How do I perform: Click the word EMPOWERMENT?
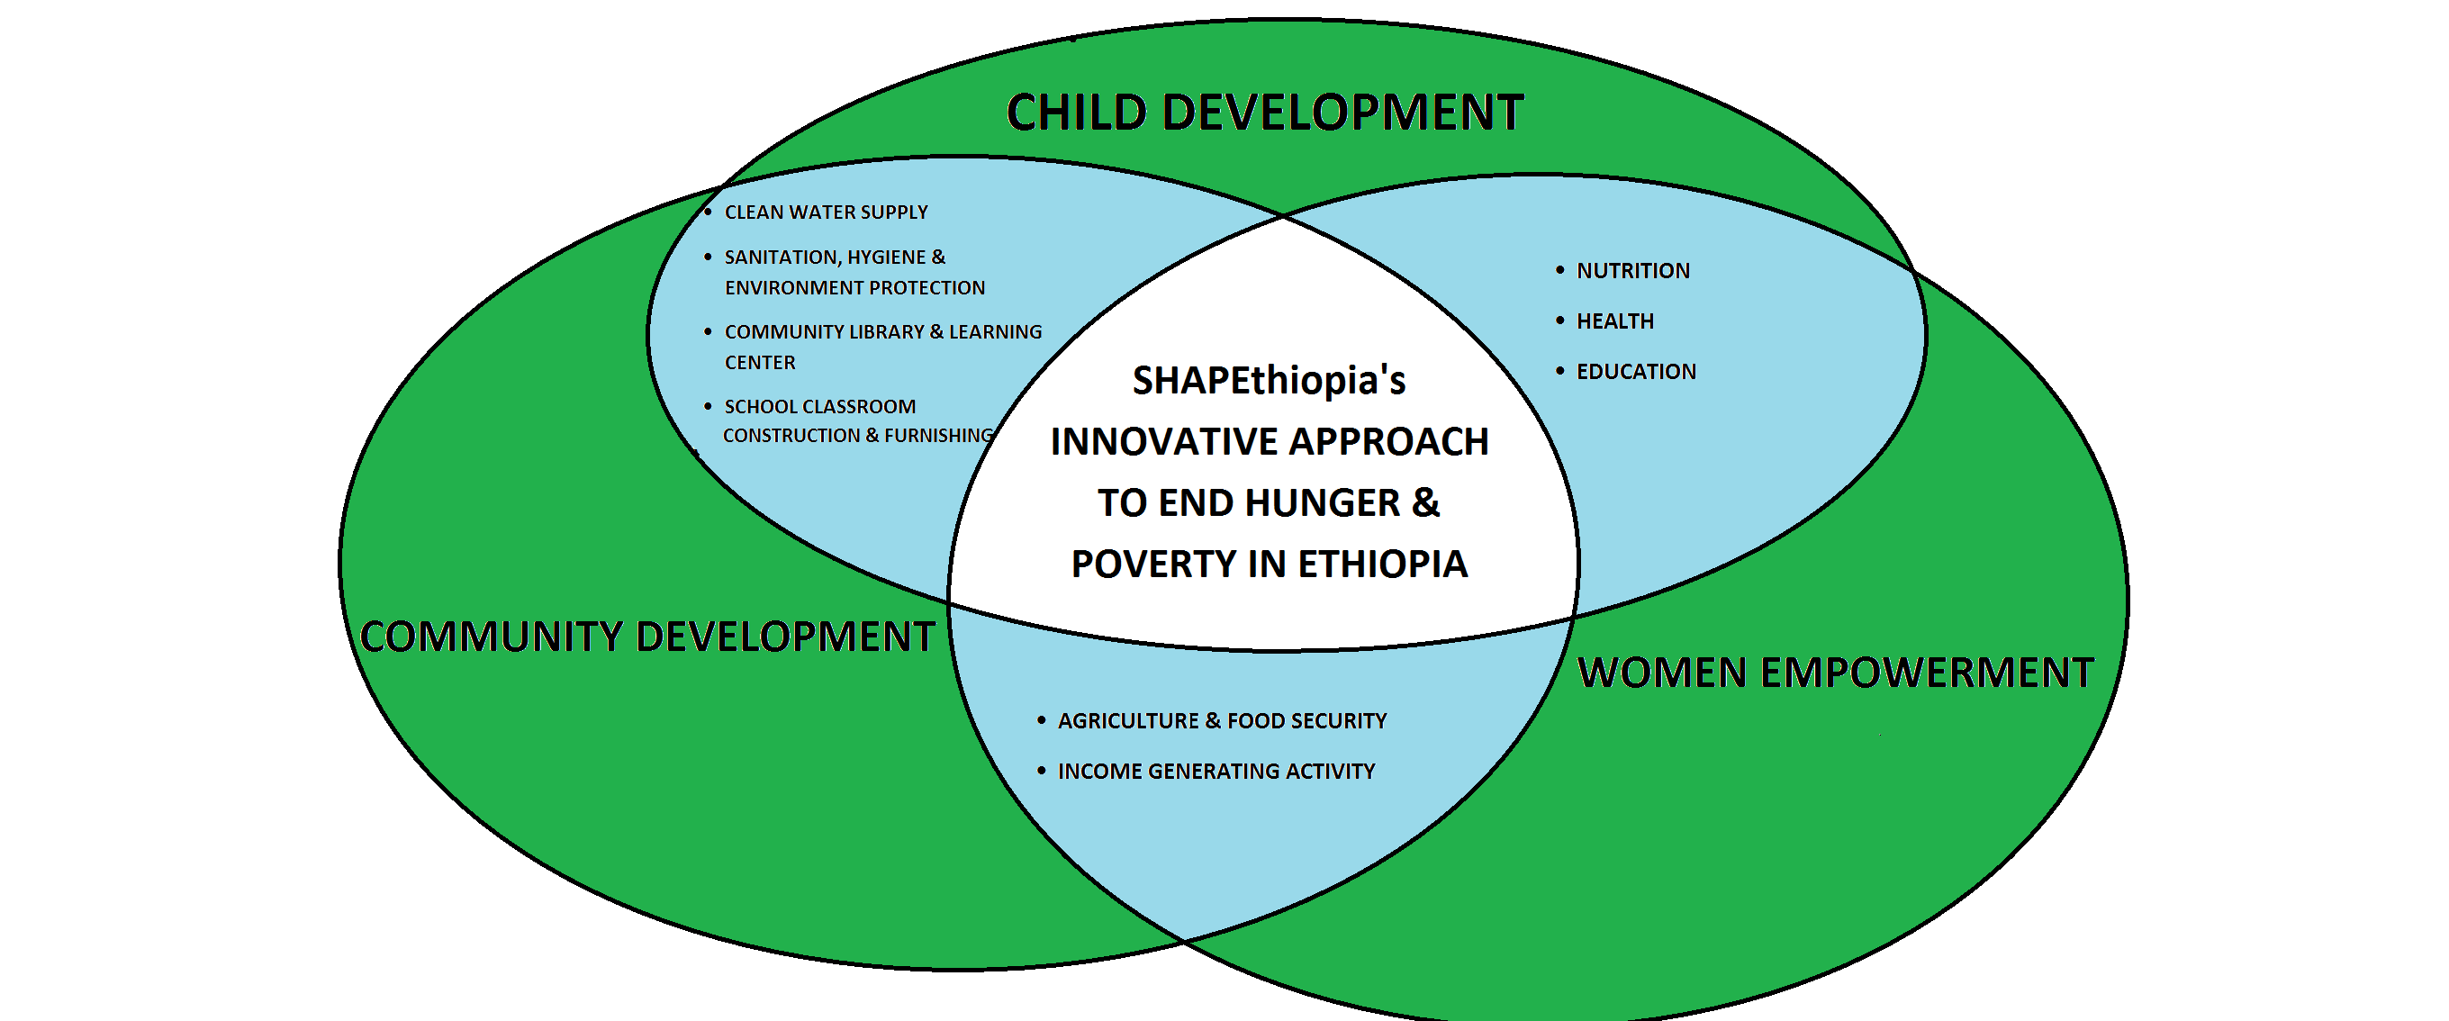[x=1927, y=672]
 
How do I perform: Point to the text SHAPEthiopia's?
[x=1270, y=380]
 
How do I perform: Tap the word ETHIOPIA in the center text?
[x=1382, y=564]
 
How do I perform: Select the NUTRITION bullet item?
[x=1633, y=271]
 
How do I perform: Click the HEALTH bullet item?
[x=1615, y=321]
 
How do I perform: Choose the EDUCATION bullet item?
[x=1636, y=372]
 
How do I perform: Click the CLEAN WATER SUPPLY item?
[x=827, y=212]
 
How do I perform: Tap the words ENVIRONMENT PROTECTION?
[x=854, y=287]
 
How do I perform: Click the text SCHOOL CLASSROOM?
[x=820, y=407]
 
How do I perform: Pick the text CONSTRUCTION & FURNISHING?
[x=857, y=436]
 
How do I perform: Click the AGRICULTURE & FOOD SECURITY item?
[x=1223, y=720]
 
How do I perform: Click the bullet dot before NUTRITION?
[x=1560, y=271]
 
